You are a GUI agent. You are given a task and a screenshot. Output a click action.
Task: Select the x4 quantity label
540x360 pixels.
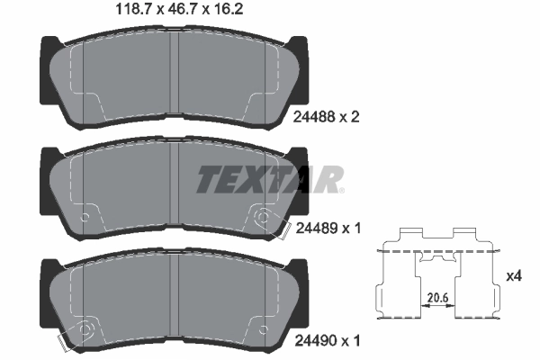click(x=514, y=275)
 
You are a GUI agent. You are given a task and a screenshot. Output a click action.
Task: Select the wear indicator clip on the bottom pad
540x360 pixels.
click(x=64, y=343)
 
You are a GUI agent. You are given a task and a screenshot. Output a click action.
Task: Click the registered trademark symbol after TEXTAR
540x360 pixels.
click(x=340, y=189)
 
